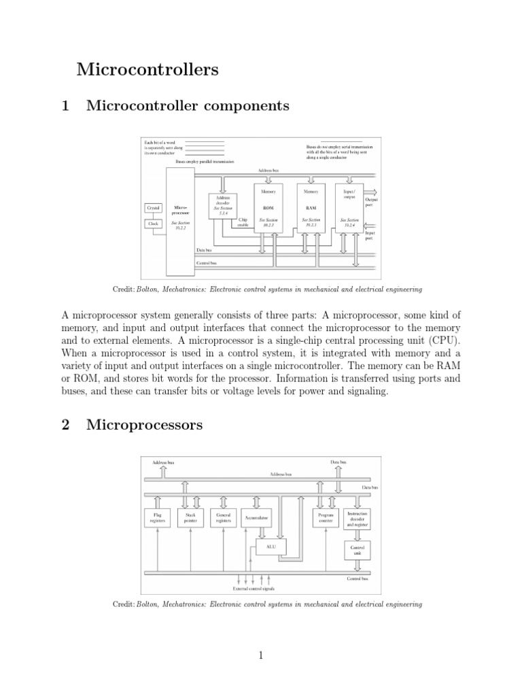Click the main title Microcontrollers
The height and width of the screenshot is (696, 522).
point(147,69)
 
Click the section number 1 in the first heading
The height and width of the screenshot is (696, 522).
point(66,105)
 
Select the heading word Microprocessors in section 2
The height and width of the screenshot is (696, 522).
point(145,425)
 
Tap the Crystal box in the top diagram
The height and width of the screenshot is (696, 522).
point(154,207)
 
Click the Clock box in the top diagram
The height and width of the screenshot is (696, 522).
point(154,223)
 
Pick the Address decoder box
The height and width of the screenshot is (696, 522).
point(224,205)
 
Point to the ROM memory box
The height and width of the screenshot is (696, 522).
point(268,207)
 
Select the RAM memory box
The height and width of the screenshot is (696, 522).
point(311,207)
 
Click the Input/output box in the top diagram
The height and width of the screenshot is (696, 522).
point(349,207)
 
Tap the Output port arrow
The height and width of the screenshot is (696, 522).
point(374,192)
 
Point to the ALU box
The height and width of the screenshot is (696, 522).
point(271,545)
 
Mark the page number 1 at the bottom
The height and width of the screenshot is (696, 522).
point(260,655)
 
